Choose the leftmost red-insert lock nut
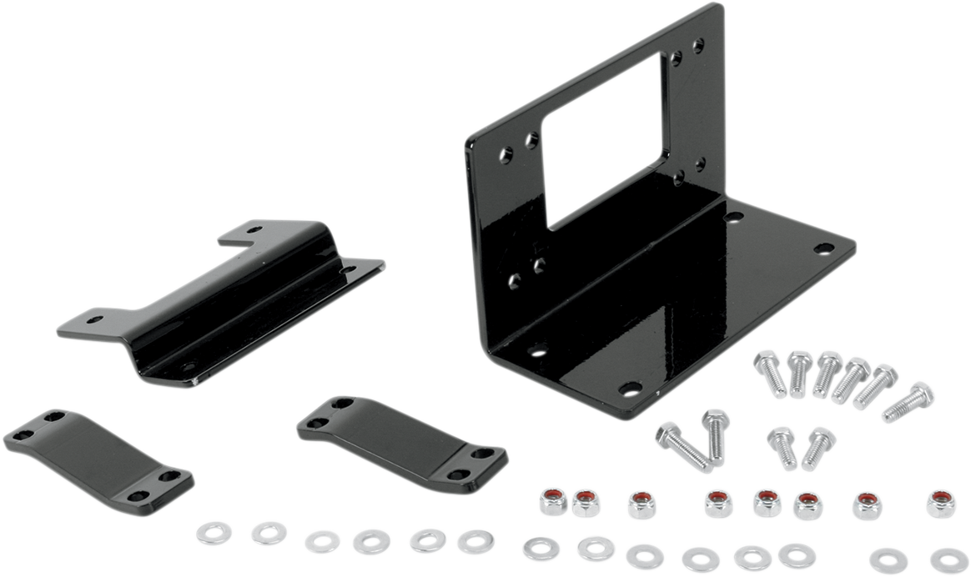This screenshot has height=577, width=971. point(553,501)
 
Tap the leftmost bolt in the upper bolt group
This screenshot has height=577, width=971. point(769,373)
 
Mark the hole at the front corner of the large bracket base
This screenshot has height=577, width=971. point(630,388)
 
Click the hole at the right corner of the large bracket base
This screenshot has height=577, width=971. point(823,248)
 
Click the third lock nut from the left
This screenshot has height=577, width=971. point(641,504)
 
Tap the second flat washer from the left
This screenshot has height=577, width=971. point(268,533)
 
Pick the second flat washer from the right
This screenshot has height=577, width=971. point(888,559)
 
